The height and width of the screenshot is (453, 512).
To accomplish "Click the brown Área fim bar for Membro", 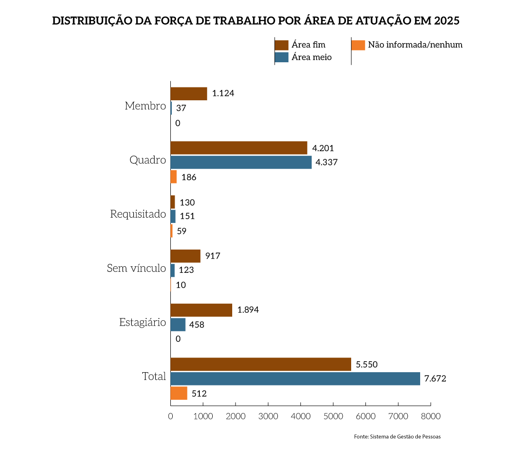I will point(188,94).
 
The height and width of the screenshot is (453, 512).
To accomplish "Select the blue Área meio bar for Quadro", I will point(241,163).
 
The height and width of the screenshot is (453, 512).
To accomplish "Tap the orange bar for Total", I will point(178,394).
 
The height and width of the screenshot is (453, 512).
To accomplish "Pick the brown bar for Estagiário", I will point(201,310).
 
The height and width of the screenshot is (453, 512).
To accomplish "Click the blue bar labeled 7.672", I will point(295,379).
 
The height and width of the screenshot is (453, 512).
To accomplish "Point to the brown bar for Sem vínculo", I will point(185,256).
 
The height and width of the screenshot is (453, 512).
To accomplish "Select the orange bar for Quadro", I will point(173,177).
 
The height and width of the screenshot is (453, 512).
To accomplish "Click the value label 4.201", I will point(323,148).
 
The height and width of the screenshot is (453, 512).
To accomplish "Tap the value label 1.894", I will point(248,310).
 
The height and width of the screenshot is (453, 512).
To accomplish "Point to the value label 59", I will point(182,231).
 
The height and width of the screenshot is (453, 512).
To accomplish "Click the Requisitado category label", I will point(138,214).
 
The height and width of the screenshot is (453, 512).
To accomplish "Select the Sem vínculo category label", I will point(136,269).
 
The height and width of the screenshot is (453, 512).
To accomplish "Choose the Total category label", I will point(154,377).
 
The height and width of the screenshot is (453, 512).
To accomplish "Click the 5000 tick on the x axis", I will point(333,416).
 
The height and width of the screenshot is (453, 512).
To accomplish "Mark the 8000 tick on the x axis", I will point(430,416).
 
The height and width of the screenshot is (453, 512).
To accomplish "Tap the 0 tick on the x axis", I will point(170,416).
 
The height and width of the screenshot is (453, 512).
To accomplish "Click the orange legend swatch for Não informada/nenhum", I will point(358,45).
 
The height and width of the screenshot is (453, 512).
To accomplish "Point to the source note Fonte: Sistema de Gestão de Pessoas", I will point(397,436).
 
